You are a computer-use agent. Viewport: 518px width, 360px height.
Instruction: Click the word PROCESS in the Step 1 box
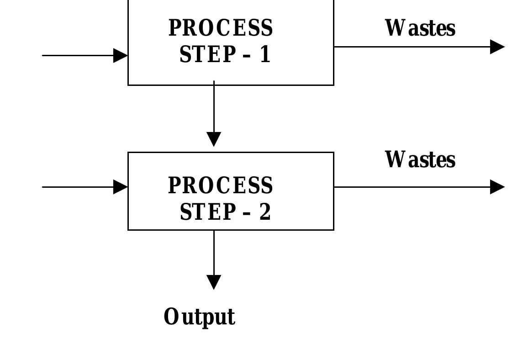click(221, 28)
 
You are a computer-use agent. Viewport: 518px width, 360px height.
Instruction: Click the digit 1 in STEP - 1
click(265, 55)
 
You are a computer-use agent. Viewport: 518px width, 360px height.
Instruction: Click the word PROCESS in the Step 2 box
click(221, 186)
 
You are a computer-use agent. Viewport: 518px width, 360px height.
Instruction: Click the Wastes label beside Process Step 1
click(420, 28)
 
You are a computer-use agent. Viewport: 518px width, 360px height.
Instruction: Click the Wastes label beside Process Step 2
click(420, 160)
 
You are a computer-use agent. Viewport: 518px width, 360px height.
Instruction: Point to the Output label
click(199, 317)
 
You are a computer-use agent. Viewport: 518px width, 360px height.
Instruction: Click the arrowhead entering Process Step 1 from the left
click(121, 56)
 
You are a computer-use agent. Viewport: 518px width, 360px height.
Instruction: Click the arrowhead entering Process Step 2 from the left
click(121, 187)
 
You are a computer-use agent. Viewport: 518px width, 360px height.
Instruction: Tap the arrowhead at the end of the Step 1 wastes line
click(497, 47)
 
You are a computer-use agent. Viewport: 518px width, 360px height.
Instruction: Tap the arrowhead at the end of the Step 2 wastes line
click(497, 187)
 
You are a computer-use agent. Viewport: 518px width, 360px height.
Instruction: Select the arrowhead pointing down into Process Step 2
click(214, 139)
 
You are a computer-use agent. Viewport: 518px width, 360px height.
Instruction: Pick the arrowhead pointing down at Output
click(214, 281)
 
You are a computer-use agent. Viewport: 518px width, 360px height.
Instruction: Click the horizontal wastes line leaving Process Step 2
click(411, 187)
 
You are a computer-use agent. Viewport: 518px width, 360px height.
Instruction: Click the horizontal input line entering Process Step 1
click(78, 56)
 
